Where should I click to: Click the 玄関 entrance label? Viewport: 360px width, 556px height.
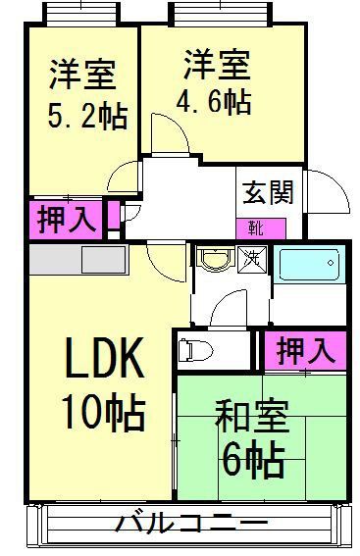coord(268,192)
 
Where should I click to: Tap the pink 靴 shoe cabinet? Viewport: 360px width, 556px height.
coord(261,228)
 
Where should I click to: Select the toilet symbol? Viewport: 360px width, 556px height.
coord(194,351)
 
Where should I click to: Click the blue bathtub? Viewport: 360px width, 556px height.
coord(309,264)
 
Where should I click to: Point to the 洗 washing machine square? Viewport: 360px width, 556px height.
coord(252,260)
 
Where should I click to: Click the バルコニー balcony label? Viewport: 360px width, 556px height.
coord(191,524)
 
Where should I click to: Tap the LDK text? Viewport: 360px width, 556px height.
coord(105,358)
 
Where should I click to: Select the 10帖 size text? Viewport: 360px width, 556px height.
coord(103,412)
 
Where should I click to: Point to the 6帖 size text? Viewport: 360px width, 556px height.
coord(253,460)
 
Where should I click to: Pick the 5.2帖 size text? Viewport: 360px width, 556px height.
coord(87,117)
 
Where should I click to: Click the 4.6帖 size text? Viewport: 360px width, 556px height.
coord(214,101)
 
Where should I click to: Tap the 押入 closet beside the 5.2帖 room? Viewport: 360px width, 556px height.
coord(66,220)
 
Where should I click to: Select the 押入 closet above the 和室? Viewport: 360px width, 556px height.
coord(305,351)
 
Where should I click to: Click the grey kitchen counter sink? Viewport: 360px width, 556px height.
coord(104,260)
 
